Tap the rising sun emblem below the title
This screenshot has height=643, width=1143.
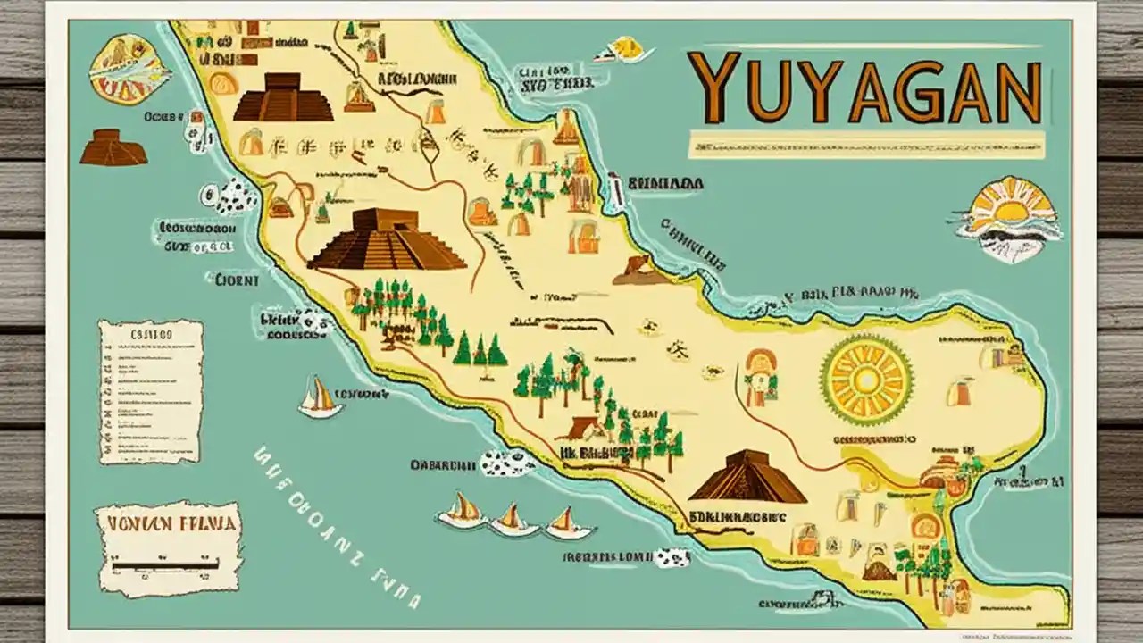1009,216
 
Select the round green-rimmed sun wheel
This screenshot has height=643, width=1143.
865,380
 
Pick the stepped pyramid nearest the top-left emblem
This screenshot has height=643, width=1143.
283,98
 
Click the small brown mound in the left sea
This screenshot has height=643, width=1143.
113,148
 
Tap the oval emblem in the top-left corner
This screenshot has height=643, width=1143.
129,69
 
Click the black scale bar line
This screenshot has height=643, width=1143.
168,564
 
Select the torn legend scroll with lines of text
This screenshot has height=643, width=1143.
151,391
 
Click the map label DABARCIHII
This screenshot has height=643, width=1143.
442,465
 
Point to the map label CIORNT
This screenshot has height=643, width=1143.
236,280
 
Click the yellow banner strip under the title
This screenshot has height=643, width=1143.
866,143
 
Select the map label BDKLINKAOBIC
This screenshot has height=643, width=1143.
738,516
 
